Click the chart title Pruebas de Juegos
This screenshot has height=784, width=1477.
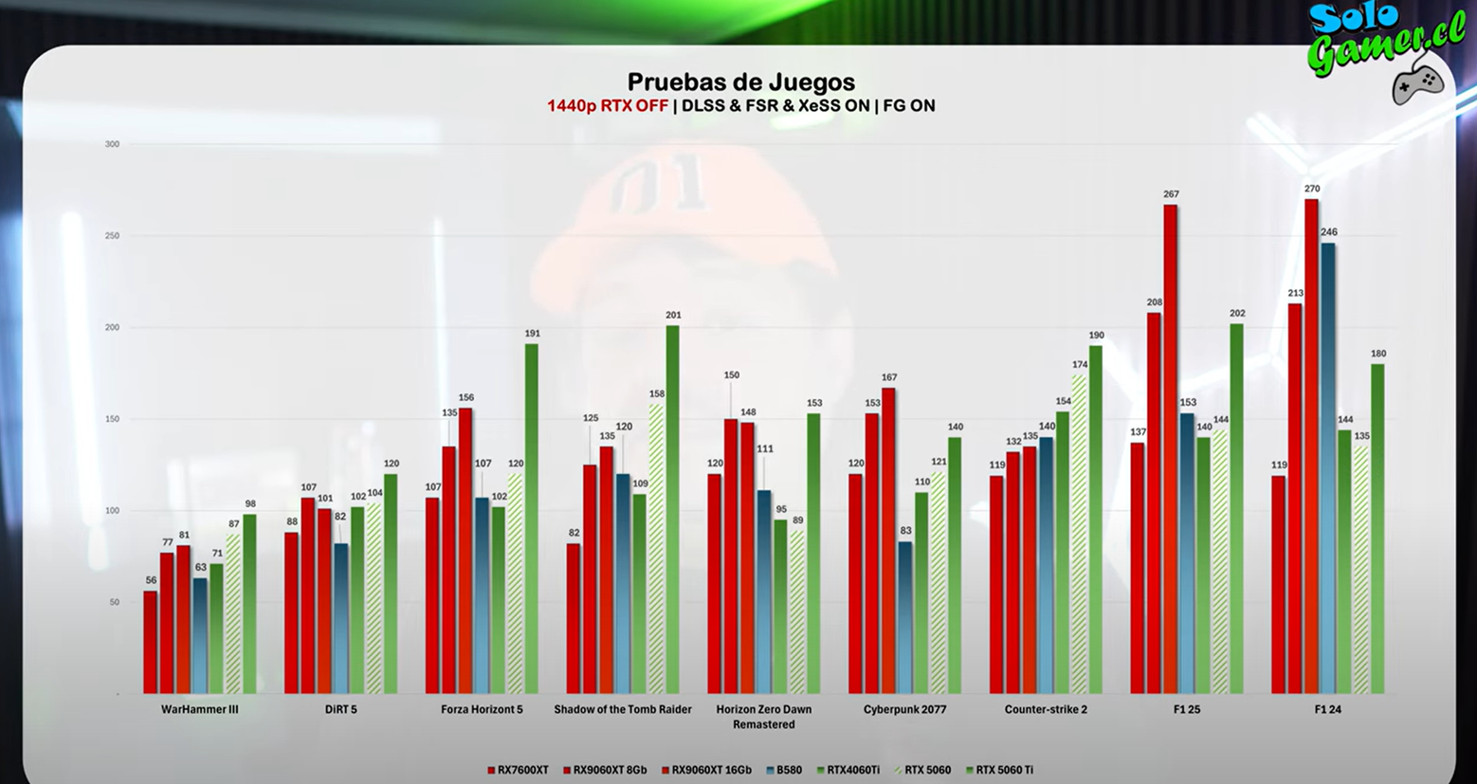pyautogui.click(x=740, y=82)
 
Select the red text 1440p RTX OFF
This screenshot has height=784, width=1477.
pyautogui.click(x=607, y=106)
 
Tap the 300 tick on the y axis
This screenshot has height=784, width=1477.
pyautogui.click(x=112, y=144)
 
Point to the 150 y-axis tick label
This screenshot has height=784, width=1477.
pyautogui.click(x=112, y=419)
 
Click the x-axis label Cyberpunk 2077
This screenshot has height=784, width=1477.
pyautogui.click(x=904, y=709)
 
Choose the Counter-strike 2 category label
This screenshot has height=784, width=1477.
pyautogui.click(x=1046, y=709)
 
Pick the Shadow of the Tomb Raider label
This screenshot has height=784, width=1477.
pyautogui.click(x=623, y=709)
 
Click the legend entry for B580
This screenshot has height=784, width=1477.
pyautogui.click(x=784, y=771)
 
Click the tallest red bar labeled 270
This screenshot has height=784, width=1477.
pyautogui.click(x=1311, y=446)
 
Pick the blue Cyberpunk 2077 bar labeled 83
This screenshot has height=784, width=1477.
pyautogui.click(x=905, y=617)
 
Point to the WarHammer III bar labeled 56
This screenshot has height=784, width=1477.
pyautogui.click(x=151, y=642)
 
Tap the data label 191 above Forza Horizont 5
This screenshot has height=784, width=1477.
pyautogui.click(x=532, y=334)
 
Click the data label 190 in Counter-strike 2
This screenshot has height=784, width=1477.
pyautogui.click(x=1096, y=336)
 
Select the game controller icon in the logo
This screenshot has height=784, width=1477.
pyautogui.click(x=1417, y=83)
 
